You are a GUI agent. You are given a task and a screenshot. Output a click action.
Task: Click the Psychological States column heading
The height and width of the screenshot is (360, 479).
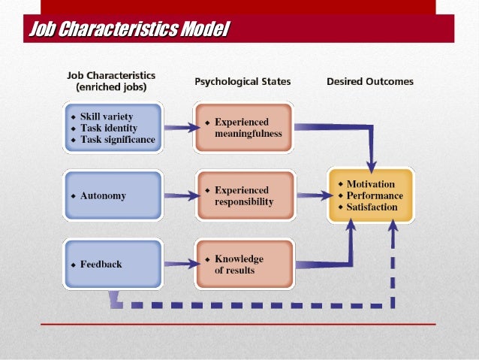point(243,81)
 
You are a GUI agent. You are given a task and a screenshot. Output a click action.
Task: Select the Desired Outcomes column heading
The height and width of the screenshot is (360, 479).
point(369,81)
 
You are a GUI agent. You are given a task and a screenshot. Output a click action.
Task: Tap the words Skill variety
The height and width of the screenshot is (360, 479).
point(108,118)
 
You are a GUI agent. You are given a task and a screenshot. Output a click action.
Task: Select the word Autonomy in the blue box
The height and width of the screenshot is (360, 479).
point(103,196)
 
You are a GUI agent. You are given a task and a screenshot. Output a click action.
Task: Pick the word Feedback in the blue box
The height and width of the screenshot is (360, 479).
point(101,265)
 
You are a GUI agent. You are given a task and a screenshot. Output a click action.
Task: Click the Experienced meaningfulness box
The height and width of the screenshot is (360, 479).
point(243,128)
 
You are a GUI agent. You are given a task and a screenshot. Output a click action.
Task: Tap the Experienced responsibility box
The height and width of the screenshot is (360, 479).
point(243,196)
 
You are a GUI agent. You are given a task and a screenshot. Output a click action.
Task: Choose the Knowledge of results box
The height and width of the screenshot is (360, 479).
point(243,265)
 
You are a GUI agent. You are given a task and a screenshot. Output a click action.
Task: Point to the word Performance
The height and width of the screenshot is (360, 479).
point(375,195)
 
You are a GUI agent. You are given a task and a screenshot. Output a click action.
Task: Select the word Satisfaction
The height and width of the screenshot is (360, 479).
point(372,207)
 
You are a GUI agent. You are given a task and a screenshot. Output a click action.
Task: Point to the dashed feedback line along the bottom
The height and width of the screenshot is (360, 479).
point(255,306)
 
